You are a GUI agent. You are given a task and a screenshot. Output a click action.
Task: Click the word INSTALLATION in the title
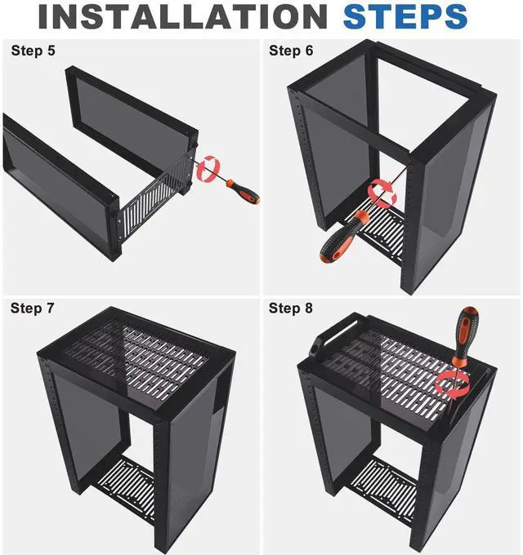(x=182, y=16)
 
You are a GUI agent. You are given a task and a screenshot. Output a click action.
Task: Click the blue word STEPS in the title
(x=405, y=16)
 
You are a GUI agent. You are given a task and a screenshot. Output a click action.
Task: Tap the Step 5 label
(x=34, y=51)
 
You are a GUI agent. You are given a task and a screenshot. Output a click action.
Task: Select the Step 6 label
(x=291, y=51)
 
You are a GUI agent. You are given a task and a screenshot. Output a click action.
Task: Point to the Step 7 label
(x=32, y=308)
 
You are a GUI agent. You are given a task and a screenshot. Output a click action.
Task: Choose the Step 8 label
(x=291, y=308)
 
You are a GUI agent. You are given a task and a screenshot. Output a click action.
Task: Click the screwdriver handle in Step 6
(x=342, y=237)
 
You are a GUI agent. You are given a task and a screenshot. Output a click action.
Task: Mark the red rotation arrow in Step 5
(x=208, y=168)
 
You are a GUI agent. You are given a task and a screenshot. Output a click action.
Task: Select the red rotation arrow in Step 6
(x=382, y=193)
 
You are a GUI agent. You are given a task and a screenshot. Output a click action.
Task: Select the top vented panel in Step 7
(x=136, y=357)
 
